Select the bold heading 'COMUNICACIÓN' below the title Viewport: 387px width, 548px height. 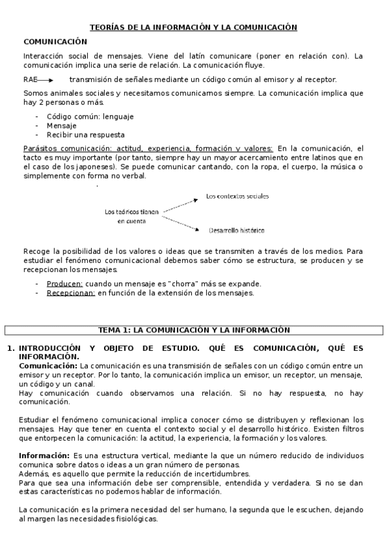coord(55,41)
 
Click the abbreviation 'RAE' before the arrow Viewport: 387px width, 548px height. coord(30,79)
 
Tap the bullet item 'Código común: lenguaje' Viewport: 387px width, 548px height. coord(90,116)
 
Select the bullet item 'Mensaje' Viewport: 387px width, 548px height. coord(61,125)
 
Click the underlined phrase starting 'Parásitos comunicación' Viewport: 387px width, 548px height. coord(147,148)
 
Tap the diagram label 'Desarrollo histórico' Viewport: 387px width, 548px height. coord(236,230)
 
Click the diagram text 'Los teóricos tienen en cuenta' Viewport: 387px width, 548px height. coord(131,216)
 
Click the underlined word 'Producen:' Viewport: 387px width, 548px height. coord(65,284)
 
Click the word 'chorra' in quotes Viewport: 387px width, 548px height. coord(185,284)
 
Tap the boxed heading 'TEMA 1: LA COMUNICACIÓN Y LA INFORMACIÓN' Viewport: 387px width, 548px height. coord(193,330)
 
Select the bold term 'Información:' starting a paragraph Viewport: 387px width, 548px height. coord(44,455)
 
